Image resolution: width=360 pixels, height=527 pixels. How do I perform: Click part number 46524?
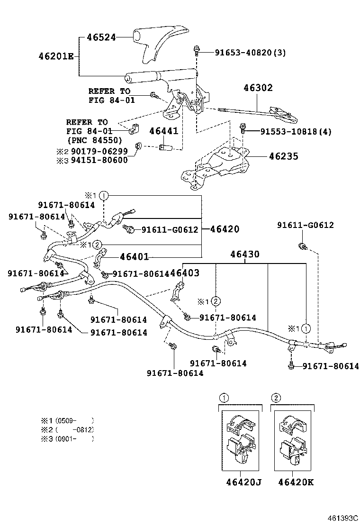(101, 37)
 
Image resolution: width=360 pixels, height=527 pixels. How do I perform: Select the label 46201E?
(56, 56)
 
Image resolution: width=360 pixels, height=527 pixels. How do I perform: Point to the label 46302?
(258, 88)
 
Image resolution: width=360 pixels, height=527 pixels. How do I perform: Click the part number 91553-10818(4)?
(289, 132)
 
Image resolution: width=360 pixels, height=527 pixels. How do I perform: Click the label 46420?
(221, 229)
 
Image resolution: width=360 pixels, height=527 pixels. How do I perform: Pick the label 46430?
(245, 254)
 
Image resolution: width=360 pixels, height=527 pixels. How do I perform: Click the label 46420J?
(243, 482)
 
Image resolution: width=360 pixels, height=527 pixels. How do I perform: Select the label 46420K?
(296, 482)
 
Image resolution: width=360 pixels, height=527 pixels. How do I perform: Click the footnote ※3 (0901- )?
(67, 439)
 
